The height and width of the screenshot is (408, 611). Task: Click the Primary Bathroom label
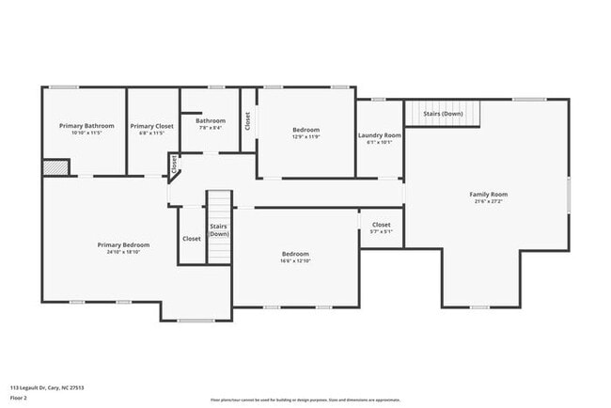tap(86, 126)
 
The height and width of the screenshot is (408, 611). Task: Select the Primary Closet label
tap(151, 126)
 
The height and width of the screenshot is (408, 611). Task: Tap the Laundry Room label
tap(380, 135)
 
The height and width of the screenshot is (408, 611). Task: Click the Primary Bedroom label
tap(123, 244)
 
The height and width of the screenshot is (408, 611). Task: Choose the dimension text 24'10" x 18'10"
tap(123, 252)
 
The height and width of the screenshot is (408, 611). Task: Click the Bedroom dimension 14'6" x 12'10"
tap(295, 261)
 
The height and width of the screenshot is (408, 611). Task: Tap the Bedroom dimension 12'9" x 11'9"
tap(305, 137)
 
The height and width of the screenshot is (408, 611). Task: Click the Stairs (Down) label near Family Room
tap(443, 114)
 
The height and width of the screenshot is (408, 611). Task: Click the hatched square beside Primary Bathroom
tap(55, 166)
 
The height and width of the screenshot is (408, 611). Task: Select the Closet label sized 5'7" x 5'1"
tap(381, 225)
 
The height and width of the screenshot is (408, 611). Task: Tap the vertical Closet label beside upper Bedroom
tap(247, 120)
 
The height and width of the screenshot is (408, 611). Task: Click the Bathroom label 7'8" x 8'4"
tap(211, 120)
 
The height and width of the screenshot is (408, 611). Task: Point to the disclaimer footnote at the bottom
tap(305, 399)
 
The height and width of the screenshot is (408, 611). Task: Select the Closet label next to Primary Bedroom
tap(192, 238)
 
